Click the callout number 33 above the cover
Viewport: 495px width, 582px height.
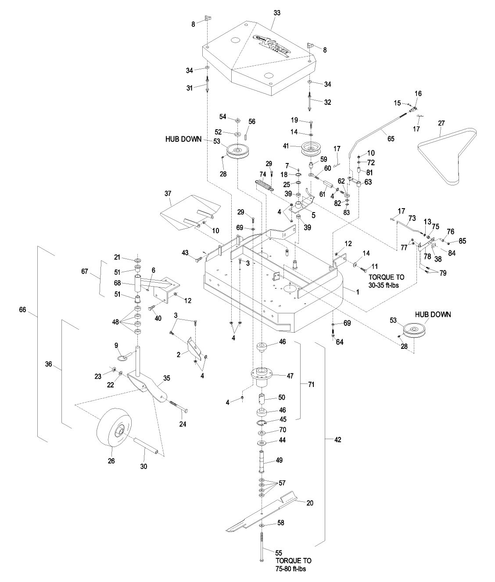276,14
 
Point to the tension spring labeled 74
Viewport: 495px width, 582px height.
263,178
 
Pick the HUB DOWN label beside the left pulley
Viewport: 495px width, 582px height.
183,139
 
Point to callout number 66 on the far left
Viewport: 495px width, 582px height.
23,310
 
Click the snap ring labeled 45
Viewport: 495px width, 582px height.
262,422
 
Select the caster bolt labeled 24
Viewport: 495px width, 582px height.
178,405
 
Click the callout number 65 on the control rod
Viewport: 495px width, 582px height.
391,139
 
